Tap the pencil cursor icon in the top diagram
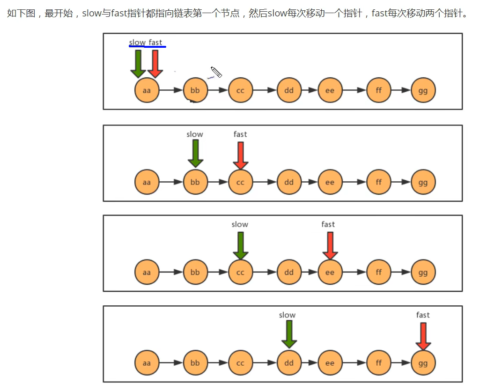click(216, 72)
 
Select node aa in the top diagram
click(147, 90)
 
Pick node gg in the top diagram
click(423, 90)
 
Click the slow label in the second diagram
click(195, 134)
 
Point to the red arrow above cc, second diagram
click(241, 155)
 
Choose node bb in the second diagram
click(195, 182)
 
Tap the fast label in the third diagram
click(328, 224)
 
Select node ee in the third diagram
click(330, 272)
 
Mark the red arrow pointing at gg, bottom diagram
click(423, 336)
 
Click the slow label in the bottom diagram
click(287, 315)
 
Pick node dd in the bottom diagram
click(289, 363)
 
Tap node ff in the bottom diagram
click(379, 363)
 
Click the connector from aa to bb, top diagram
click(171, 90)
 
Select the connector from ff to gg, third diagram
click(401, 272)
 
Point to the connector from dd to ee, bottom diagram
click(310, 363)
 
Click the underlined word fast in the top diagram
click(155, 43)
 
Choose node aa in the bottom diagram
click(147, 363)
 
